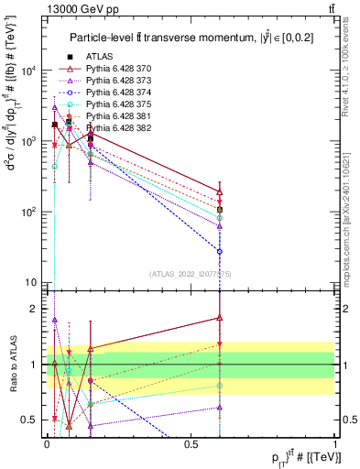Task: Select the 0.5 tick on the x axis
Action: pos(191,442)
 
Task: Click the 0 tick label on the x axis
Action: pos(47,442)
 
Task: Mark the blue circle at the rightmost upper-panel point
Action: pos(220,251)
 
